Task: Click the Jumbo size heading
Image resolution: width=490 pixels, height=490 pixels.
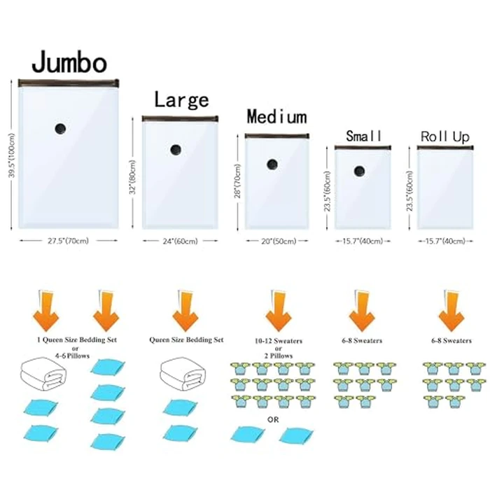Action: (x=69, y=62)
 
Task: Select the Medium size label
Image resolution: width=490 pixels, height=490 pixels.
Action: (x=275, y=116)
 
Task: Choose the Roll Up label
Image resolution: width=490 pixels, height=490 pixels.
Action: (x=444, y=136)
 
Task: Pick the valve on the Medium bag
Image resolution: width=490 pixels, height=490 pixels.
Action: (x=272, y=164)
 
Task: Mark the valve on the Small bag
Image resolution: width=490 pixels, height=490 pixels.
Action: (x=359, y=171)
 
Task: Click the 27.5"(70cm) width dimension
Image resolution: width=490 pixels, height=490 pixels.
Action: (x=67, y=241)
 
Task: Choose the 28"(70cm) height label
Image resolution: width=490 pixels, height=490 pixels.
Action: (x=237, y=181)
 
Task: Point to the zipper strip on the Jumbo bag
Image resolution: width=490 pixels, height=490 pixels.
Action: (x=69, y=83)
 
